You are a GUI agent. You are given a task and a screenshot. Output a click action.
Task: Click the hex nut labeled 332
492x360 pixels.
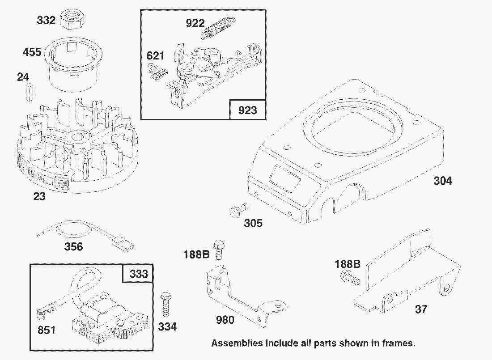click(72, 20)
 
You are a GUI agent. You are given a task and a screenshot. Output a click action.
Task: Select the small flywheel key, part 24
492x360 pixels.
click(30, 92)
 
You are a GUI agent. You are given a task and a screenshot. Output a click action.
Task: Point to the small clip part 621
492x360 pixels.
click(157, 72)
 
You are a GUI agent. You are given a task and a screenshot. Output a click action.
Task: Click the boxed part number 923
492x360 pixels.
click(248, 110)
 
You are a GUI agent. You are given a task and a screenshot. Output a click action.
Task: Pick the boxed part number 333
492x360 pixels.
click(139, 274)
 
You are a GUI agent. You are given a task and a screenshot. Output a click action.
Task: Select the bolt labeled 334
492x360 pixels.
click(165, 305)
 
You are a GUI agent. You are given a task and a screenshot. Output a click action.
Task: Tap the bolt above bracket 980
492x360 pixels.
click(218, 250)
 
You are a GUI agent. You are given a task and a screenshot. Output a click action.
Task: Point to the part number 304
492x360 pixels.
click(443, 181)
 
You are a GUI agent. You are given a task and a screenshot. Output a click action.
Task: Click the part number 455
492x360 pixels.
click(32, 52)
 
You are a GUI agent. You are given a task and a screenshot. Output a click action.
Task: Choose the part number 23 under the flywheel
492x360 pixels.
click(39, 196)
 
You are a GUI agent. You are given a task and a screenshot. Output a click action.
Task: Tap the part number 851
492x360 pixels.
click(47, 330)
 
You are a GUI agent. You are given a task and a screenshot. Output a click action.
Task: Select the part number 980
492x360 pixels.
click(225, 320)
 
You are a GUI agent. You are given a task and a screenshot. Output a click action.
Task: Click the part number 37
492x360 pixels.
click(421, 309)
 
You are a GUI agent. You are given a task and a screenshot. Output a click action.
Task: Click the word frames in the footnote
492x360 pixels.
click(399, 343)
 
